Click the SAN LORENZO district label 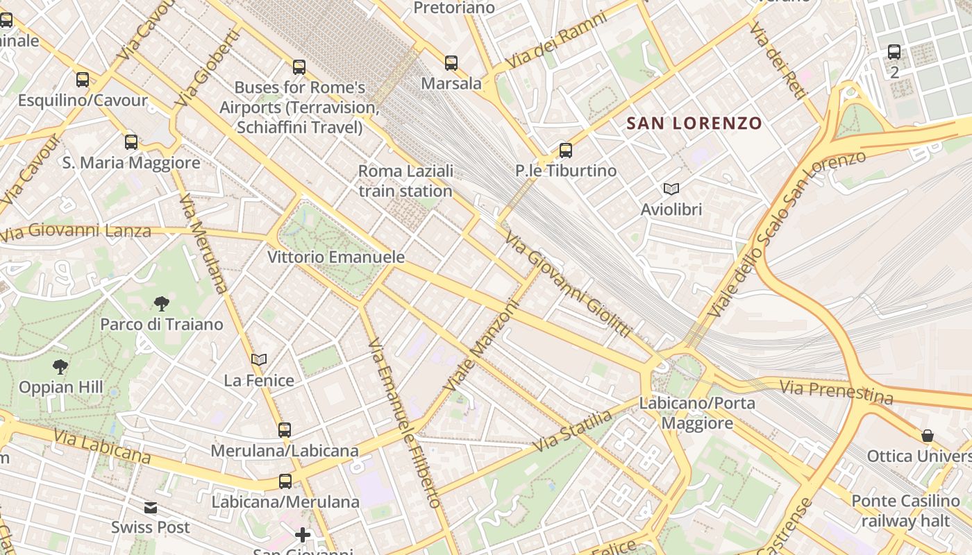pyautogui.click(x=694, y=123)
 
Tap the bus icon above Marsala pyautogui.click(x=451, y=63)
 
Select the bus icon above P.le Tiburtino pyautogui.click(x=566, y=150)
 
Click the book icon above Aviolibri pyautogui.click(x=671, y=189)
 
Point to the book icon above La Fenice pyautogui.click(x=259, y=359)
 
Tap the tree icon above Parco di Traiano pyautogui.click(x=162, y=303)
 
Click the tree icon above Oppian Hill pyautogui.click(x=60, y=366)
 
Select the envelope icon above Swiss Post pyautogui.click(x=151, y=508)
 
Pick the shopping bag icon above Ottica pyautogui.click(x=928, y=435)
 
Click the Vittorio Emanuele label pyautogui.click(x=336, y=257)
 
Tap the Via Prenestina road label pyautogui.click(x=836, y=392)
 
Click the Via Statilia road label pyautogui.click(x=573, y=430)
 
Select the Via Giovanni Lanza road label pyautogui.click(x=76, y=231)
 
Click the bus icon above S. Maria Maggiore pyautogui.click(x=131, y=142)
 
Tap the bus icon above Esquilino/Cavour pyautogui.click(x=83, y=80)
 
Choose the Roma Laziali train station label pyautogui.click(x=405, y=180)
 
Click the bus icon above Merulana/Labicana pyautogui.click(x=285, y=429)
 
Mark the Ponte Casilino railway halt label pyautogui.click(x=905, y=511)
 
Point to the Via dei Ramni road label pyautogui.click(x=555, y=40)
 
